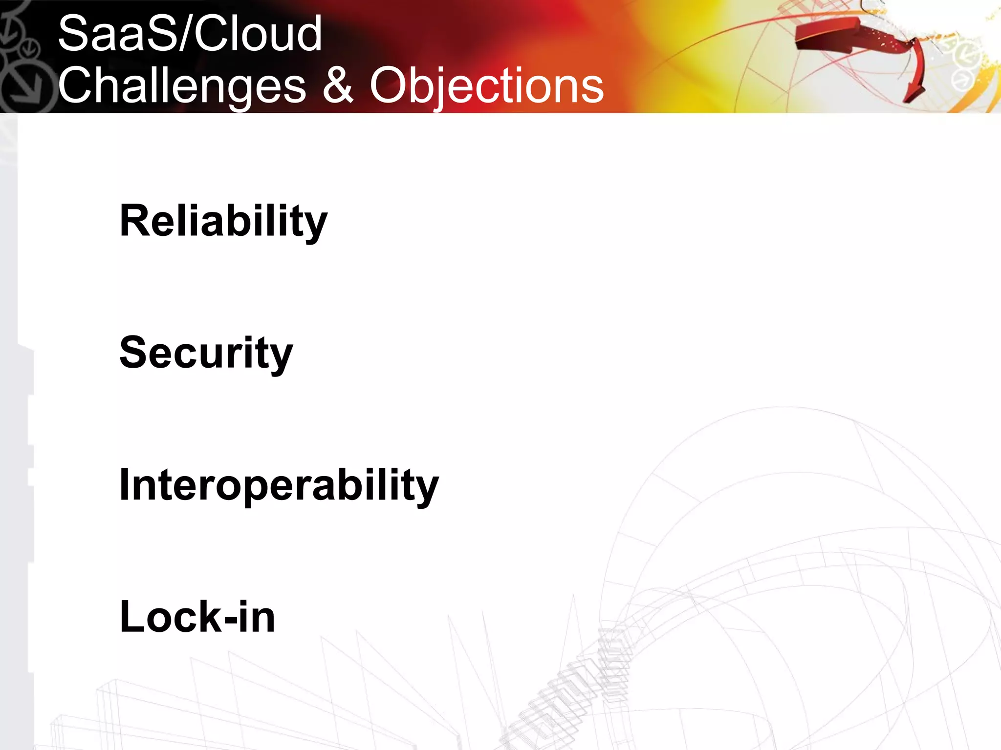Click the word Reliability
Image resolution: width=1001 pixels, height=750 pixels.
pos(223,221)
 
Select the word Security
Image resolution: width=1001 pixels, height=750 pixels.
pos(206,353)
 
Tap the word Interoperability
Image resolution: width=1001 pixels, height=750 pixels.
pos(279,485)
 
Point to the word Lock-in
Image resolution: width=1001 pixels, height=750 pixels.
pos(197,617)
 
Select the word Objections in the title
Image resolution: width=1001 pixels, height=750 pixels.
pos(486,86)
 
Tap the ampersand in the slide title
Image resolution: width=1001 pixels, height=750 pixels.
pos(337,85)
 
